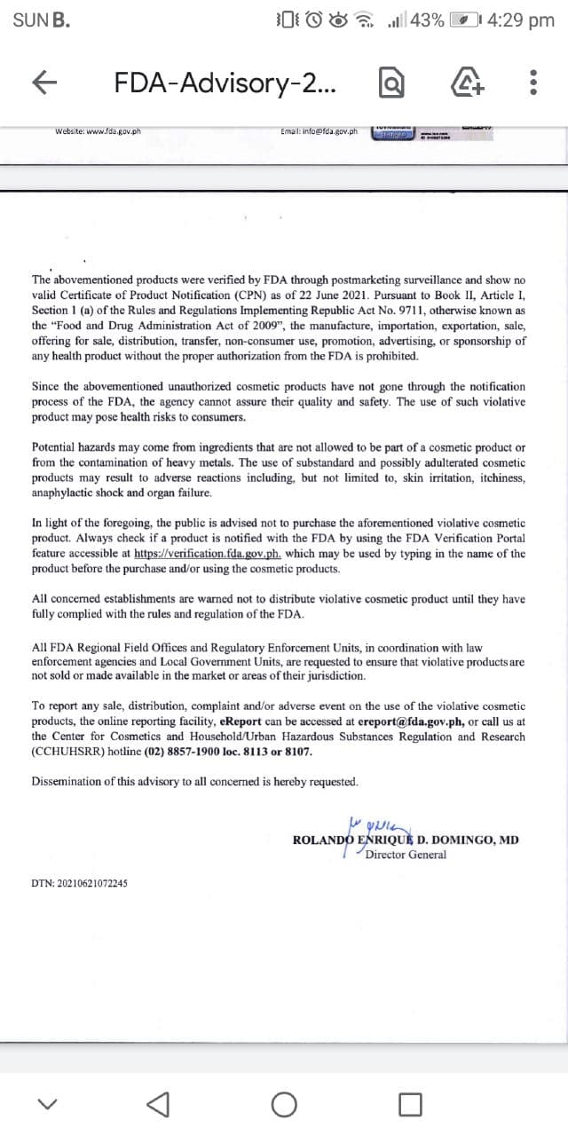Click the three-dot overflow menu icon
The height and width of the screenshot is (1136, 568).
coord(532,83)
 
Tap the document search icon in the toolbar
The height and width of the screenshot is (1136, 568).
coord(391,83)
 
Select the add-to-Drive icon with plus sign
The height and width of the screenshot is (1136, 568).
coord(462,83)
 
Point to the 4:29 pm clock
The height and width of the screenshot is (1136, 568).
coord(520,20)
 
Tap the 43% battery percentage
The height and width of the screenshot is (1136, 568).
coord(427,20)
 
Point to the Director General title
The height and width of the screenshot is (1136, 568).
coord(406,855)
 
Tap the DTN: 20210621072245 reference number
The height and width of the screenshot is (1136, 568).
coord(79,884)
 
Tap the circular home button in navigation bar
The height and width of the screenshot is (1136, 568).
coord(284,1104)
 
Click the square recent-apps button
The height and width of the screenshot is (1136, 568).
coord(409,1104)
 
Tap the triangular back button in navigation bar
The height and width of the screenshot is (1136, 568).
coord(157,1104)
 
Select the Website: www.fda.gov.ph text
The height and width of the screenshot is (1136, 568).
coord(98,132)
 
